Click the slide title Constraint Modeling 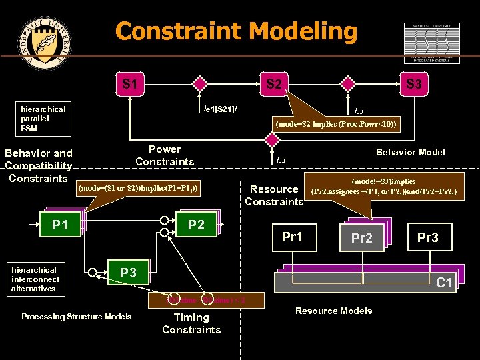[x=236, y=31]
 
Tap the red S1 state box [x=131, y=85]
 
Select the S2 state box [x=273, y=85]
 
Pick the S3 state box [x=413, y=85]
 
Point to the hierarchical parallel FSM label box [x=44, y=119]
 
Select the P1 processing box [x=61, y=225]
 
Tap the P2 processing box [x=196, y=225]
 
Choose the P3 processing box [x=128, y=272]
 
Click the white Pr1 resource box [x=292, y=237]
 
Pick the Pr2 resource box [x=361, y=239]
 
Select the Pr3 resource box [x=427, y=237]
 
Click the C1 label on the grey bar [x=444, y=283]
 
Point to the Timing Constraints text [x=191, y=323]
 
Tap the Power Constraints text [x=165, y=155]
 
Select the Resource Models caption [x=333, y=311]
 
